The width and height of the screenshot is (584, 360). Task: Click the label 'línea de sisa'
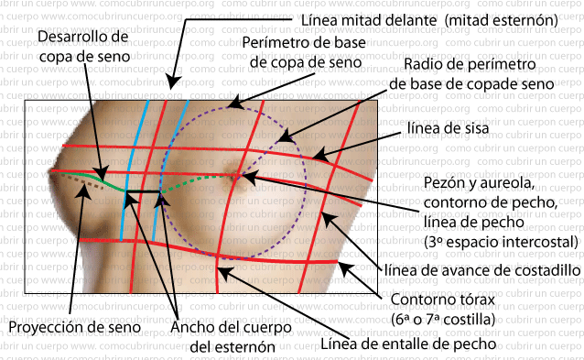tap(448, 129)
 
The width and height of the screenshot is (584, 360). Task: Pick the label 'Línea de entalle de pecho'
tap(407, 345)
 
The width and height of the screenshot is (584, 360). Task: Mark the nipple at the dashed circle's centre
tap(236, 176)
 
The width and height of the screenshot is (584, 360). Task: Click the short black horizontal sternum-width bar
tap(142, 191)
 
